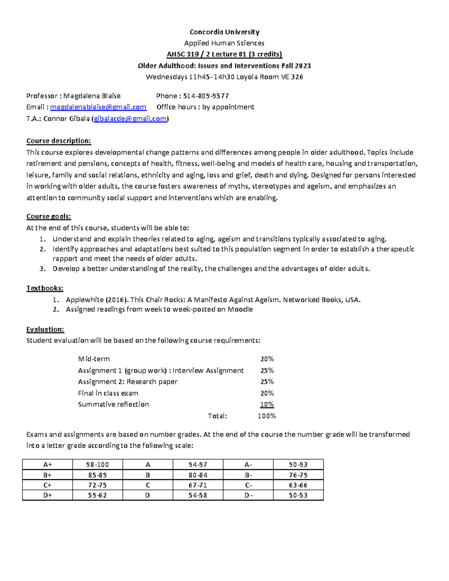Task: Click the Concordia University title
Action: click(224, 32)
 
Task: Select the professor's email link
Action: click(98, 107)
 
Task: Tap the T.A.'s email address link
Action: click(130, 119)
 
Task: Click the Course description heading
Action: click(58, 141)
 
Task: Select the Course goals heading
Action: click(48, 217)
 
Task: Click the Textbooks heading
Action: click(45, 288)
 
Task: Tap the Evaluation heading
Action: click(45, 329)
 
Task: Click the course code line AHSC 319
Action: click(224, 54)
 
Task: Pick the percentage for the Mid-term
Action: click(267, 359)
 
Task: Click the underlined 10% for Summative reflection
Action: click(267, 404)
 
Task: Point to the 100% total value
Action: click(266, 416)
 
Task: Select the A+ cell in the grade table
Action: click(48, 465)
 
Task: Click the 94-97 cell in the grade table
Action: click(198, 465)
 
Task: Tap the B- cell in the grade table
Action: click(248, 475)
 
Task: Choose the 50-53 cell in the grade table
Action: click(298, 495)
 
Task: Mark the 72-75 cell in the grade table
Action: click(97, 485)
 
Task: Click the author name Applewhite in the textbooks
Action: click(84, 300)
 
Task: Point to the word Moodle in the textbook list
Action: click(240, 309)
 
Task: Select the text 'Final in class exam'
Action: click(108, 393)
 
